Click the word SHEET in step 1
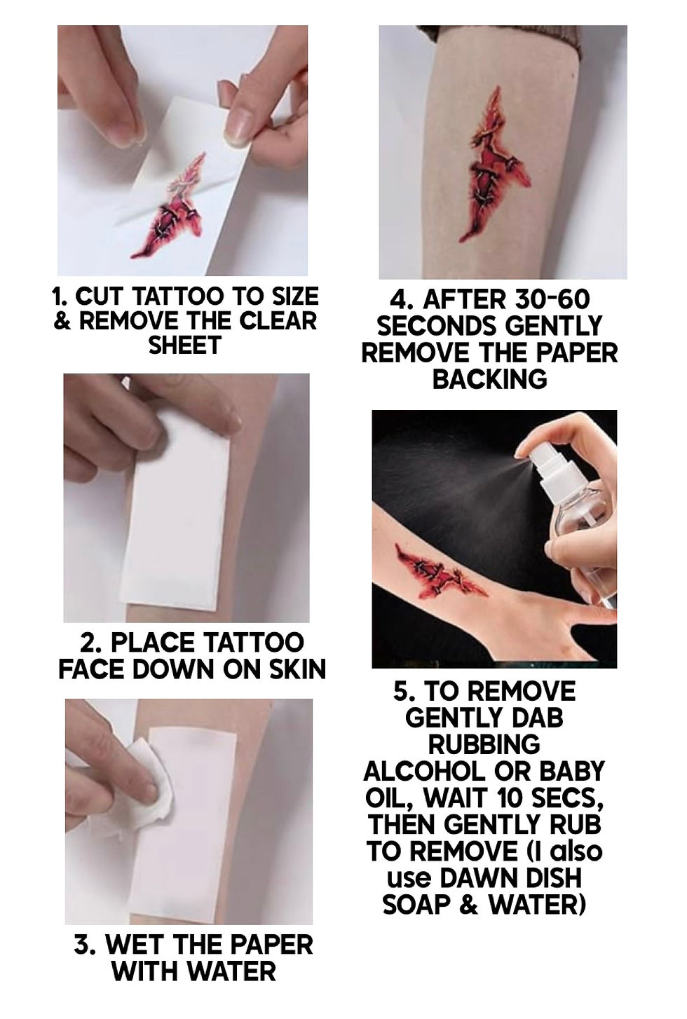pos(184,346)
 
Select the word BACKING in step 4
pos(489,378)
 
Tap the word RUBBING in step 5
pos(484,745)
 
